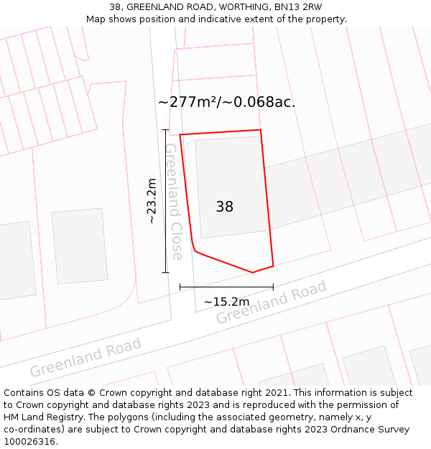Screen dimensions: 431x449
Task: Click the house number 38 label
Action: (x=224, y=207)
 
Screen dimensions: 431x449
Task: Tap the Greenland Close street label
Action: (x=173, y=201)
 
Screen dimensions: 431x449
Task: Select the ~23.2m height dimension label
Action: (x=152, y=201)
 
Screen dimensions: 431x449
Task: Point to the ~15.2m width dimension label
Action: (x=226, y=302)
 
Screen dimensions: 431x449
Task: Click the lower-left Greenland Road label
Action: (x=85, y=357)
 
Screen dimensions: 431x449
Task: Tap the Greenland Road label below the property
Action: (x=272, y=302)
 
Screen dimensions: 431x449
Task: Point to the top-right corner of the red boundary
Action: (x=260, y=130)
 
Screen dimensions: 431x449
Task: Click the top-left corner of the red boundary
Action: (x=180, y=134)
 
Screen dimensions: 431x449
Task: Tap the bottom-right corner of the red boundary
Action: (x=273, y=266)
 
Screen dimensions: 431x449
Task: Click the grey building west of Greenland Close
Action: (x=80, y=246)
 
